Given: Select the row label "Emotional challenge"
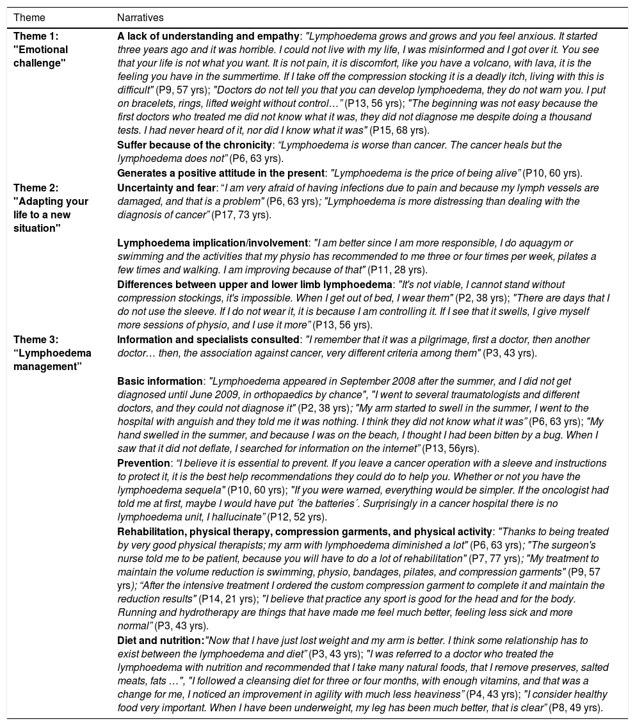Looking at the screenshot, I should click(x=40, y=56).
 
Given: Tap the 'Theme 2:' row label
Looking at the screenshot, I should click(x=36, y=188).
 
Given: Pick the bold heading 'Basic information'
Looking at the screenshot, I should click(x=159, y=382).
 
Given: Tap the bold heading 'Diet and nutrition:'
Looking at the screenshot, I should click(x=160, y=640).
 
